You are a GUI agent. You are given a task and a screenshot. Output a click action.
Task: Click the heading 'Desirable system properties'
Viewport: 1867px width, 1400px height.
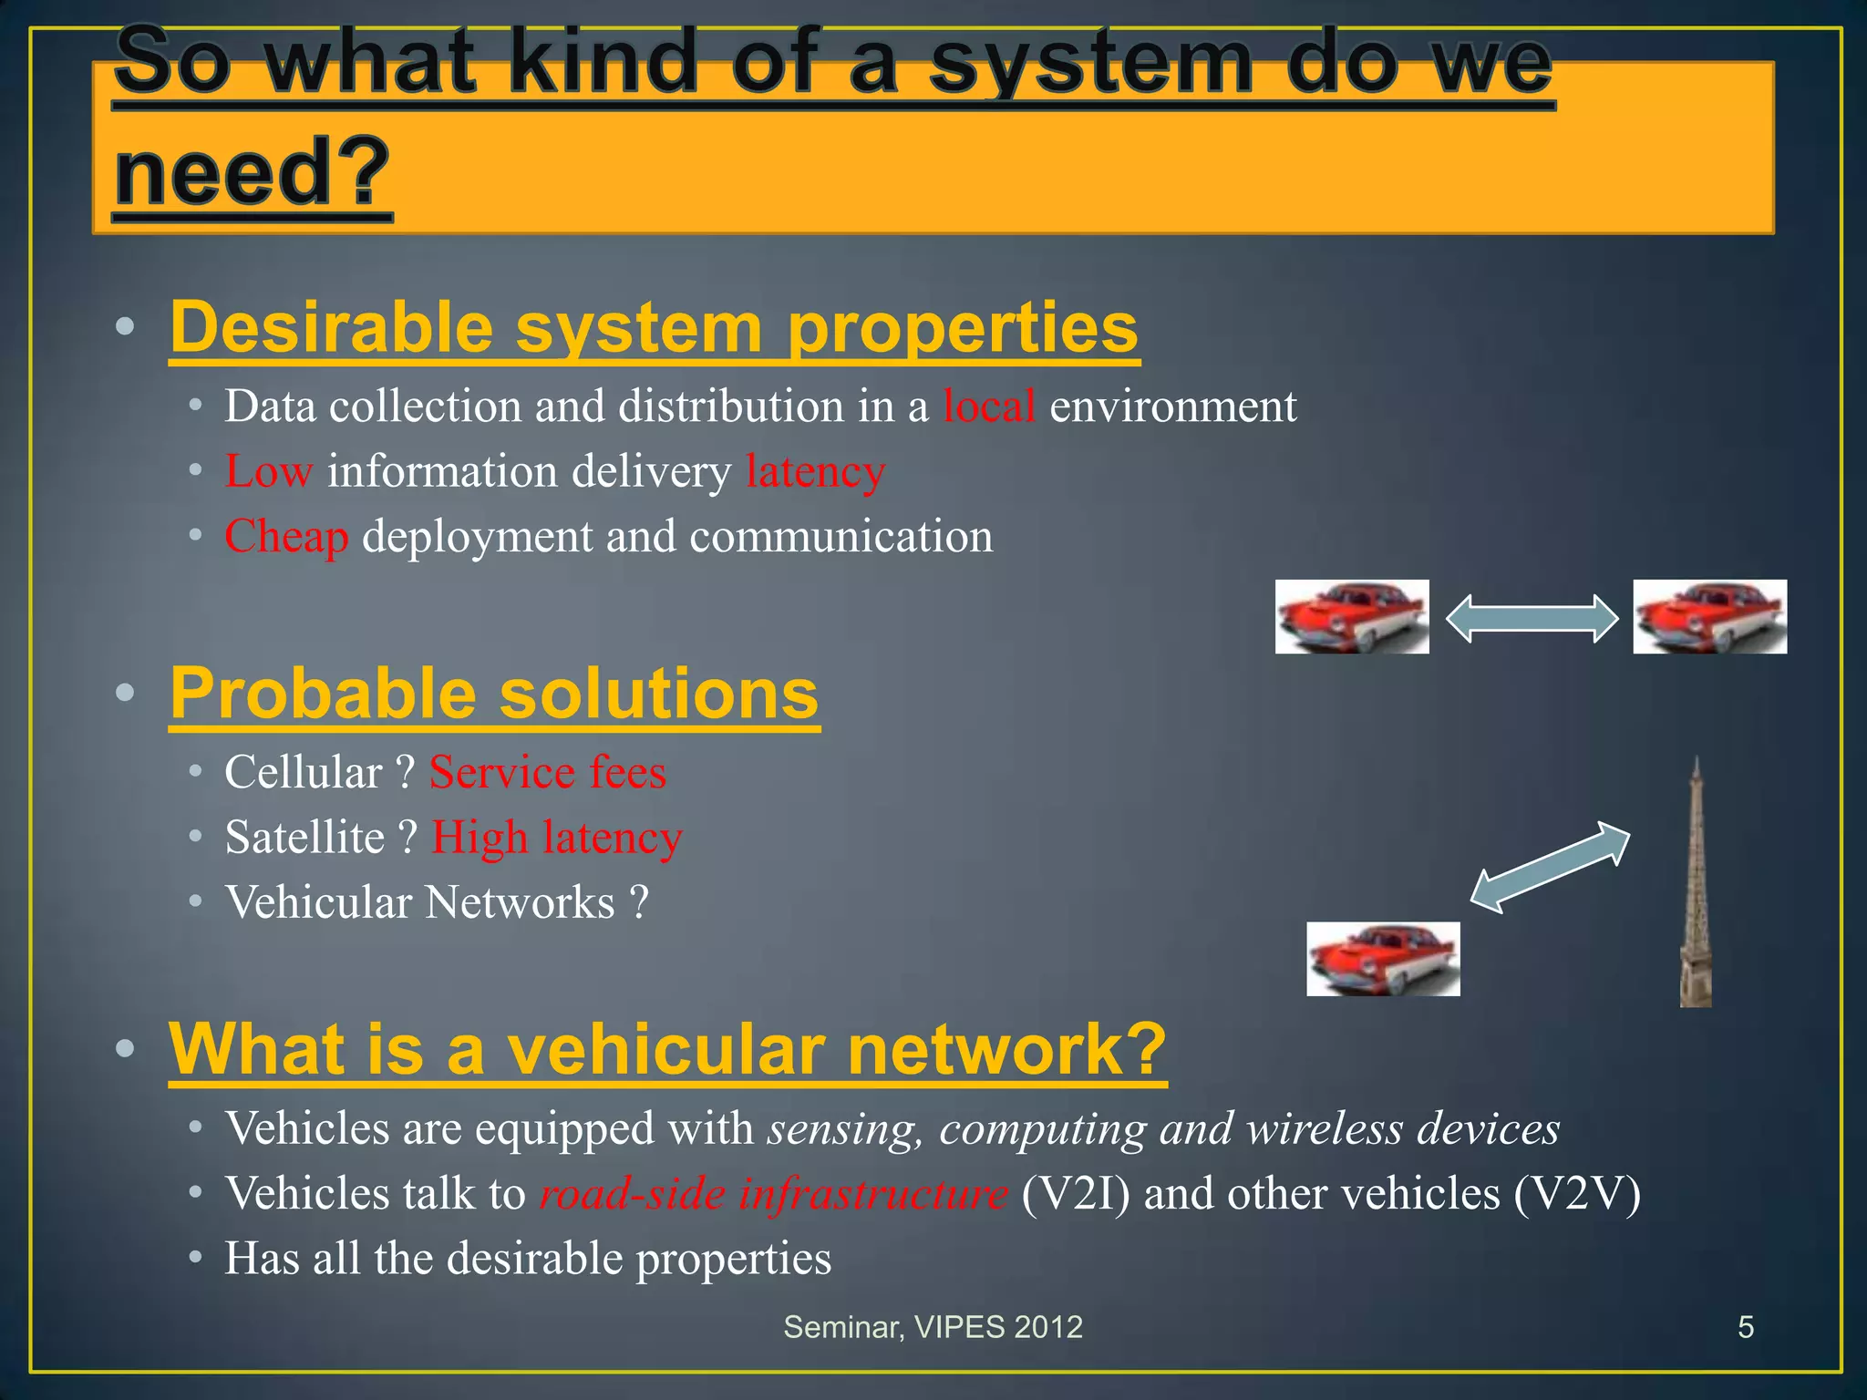pyautogui.click(x=654, y=328)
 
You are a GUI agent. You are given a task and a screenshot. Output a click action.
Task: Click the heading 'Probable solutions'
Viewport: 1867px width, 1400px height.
pyautogui.click(x=494, y=694)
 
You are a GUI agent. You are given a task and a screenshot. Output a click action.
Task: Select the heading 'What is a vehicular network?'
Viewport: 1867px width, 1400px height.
pyautogui.click(x=667, y=1049)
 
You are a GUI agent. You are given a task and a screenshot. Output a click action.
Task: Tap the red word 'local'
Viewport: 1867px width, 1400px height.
pyautogui.click(x=988, y=406)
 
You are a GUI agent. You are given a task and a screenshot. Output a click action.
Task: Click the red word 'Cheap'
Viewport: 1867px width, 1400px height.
pyautogui.click(x=286, y=536)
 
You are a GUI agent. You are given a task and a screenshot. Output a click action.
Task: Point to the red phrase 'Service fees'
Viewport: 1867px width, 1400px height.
pyautogui.click(x=548, y=772)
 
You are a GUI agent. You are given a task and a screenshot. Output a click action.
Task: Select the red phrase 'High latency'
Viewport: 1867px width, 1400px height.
pyautogui.click(x=556, y=837)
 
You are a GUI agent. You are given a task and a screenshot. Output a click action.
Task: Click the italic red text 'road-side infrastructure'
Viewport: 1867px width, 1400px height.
pyautogui.click(x=773, y=1193)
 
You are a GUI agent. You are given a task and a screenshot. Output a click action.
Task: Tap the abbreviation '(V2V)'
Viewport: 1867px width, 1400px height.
pyautogui.click(x=1576, y=1193)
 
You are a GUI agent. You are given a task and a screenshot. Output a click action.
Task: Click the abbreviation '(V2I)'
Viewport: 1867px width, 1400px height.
pyautogui.click(x=1075, y=1193)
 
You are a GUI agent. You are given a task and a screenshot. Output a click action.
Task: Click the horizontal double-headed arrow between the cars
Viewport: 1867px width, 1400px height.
pyautogui.click(x=1532, y=618)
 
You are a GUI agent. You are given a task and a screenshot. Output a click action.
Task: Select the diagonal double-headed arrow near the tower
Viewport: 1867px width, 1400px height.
pyautogui.click(x=1550, y=867)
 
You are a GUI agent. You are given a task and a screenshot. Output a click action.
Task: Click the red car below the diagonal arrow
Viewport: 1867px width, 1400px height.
pyautogui.click(x=1383, y=958)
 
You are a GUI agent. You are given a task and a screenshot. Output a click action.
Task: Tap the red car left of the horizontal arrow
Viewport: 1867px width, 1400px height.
pyautogui.click(x=1351, y=617)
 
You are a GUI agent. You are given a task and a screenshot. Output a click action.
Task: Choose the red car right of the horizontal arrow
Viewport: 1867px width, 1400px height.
pyautogui.click(x=1709, y=617)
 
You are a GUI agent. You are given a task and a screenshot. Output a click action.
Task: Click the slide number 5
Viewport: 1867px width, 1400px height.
pyautogui.click(x=1745, y=1327)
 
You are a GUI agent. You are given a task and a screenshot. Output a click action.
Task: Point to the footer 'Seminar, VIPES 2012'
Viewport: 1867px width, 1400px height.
pyautogui.click(x=933, y=1327)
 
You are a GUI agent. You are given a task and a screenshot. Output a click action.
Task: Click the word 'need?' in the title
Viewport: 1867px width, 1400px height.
pyautogui.click(x=252, y=173)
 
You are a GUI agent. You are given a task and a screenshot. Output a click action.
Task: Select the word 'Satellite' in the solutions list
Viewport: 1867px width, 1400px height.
pyautogui.click(x=304, y=837)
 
